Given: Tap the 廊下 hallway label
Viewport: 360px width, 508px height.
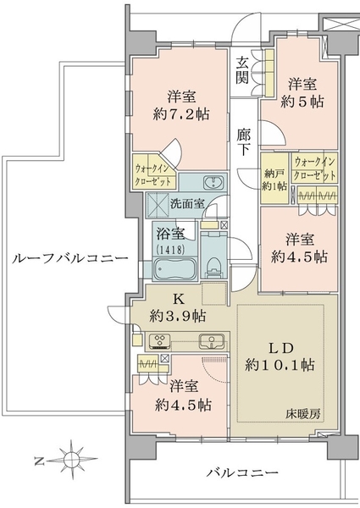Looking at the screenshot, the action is point(243,142).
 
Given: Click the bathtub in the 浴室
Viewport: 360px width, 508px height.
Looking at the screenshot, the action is point(175,268).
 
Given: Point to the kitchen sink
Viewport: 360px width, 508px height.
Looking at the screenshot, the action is point(212,341).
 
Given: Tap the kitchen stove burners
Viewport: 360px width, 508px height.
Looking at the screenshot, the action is point(160,341).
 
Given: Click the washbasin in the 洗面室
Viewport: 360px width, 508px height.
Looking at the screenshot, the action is point(213,183).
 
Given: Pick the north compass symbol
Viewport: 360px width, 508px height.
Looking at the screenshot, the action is point(68,459).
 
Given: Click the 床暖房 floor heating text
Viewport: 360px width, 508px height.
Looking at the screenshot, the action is point(303,414).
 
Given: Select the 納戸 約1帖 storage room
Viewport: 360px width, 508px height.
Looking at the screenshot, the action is point(274,179).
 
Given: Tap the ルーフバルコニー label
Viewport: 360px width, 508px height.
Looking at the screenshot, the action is point(70,258).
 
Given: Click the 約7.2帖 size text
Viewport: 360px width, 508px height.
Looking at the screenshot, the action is point(181,114).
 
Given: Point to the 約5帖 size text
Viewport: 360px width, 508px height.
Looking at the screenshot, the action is point(302,102).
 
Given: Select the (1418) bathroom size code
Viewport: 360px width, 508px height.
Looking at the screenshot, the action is point(171,250).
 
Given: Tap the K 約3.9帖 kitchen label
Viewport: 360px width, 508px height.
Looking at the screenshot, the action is point(178,308).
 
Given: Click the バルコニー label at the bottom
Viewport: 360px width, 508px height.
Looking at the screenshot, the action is point(243,472).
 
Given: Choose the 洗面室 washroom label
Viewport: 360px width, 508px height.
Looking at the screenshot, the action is point(187,203).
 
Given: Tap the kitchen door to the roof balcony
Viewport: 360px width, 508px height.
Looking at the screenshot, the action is point(116,313).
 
